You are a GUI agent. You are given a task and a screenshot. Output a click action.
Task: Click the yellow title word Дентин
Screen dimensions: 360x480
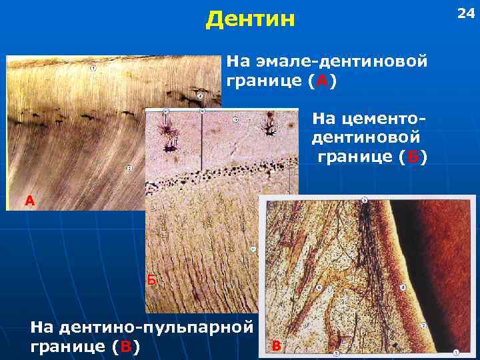[250, 19]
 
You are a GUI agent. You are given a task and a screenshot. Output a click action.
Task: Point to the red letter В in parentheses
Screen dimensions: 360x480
[125, 347]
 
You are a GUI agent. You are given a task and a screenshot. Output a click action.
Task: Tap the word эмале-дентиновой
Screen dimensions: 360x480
[326, 63]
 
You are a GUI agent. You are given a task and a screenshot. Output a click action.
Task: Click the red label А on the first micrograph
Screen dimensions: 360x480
[29, 200]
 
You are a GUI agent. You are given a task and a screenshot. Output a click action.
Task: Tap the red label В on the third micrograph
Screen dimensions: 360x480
[277, 345]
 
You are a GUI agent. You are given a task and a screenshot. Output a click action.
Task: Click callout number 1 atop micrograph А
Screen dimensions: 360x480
[92, 68]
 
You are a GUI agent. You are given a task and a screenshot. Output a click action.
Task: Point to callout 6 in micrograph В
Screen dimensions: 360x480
[319, 287]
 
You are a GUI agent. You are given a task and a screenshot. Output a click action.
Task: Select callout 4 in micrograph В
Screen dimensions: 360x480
[402, 287]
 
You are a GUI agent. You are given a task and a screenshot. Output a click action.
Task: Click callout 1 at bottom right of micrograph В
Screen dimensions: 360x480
[456, 352]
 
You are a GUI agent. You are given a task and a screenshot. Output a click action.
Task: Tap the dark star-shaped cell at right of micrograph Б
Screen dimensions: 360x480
[271, 125]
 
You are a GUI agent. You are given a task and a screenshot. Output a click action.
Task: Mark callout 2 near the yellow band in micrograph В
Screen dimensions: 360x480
[424, 326]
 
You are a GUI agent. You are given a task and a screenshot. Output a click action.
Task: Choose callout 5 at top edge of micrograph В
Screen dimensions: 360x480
[364, 199]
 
